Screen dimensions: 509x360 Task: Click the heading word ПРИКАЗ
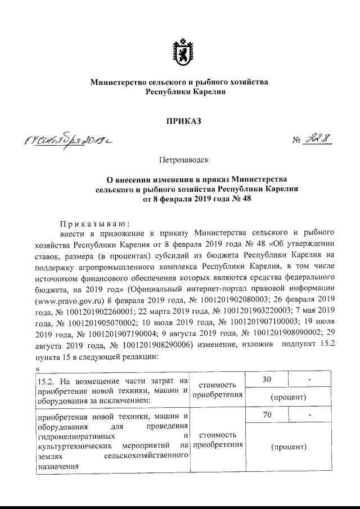click(x=179, y=120)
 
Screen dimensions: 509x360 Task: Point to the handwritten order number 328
click(x=315, y=138)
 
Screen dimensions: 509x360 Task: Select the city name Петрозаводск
click(x=179, y=161)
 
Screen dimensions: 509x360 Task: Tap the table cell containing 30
click(x=267, y=381)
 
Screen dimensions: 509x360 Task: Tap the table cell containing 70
click(x=267, y=417)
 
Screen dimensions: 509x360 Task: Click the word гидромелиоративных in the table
click(x=69, y=436)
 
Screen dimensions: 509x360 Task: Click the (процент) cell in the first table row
click(x=288, y=397)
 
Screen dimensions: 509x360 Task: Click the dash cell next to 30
click(x=309, y=381)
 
